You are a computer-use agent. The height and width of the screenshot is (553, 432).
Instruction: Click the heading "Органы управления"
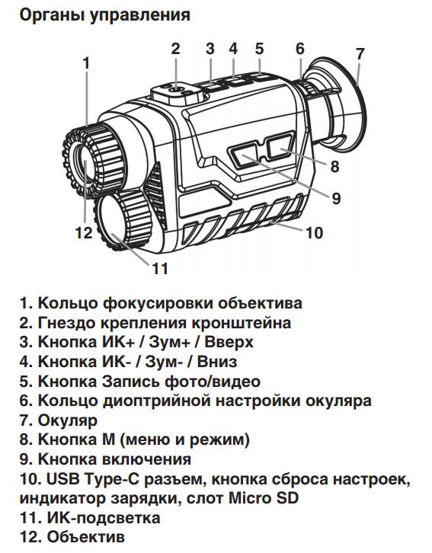click(104, 14)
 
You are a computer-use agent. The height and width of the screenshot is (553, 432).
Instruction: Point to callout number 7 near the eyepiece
click(360, 54)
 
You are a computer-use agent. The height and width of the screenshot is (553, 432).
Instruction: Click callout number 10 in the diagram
click(314, 233)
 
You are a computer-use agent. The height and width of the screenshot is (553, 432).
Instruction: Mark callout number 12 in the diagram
click(83, 232)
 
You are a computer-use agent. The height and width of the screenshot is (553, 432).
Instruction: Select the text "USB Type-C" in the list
click(91, 480)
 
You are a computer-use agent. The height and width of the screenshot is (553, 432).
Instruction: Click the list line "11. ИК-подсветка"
click(90, 519)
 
